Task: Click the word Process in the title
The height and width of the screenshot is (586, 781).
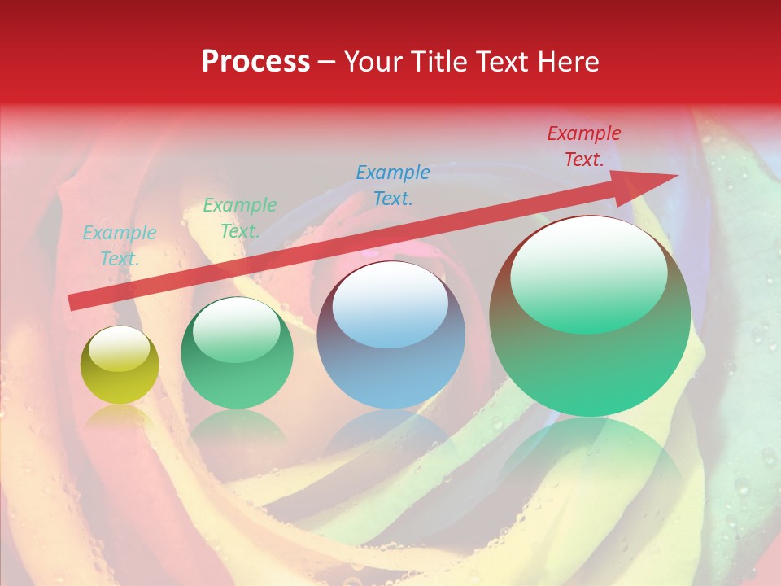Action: pos(255,62)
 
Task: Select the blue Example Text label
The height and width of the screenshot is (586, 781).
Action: pos(393,186)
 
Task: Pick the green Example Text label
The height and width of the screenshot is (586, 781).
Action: pos(240,218)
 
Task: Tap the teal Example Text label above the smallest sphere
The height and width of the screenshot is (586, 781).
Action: pos(120,246)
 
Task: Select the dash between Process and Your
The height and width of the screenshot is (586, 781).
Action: pos(327,63)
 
